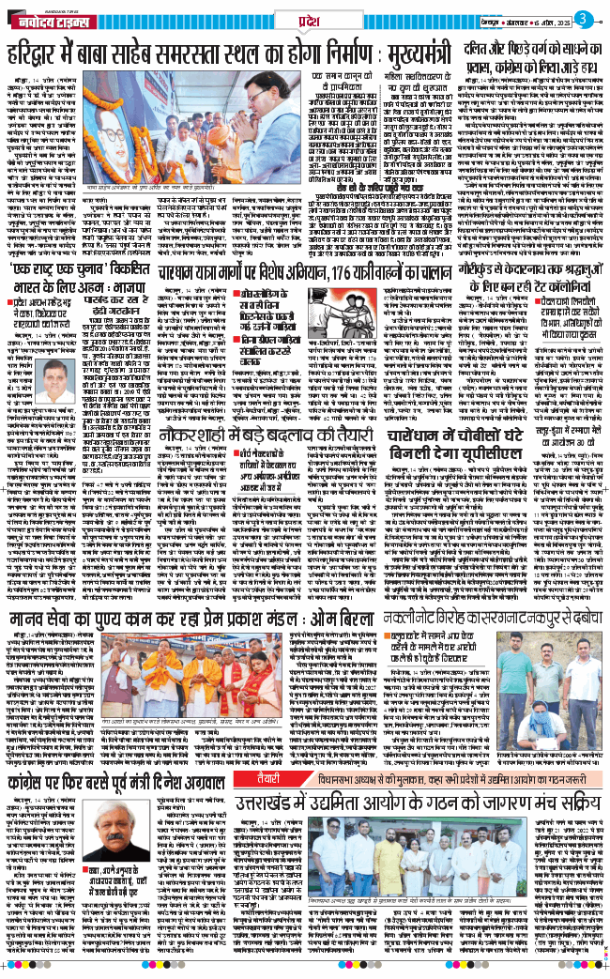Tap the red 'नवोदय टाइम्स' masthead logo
(48, 19)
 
